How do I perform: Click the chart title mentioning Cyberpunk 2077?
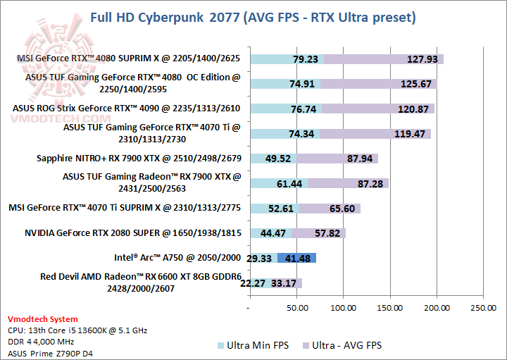click(253, 16)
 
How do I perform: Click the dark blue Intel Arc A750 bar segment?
click(296, 258)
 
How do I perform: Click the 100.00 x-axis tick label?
click(343, 307)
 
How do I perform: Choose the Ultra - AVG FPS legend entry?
click(341, 345)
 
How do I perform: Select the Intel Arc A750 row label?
click(178, 257)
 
